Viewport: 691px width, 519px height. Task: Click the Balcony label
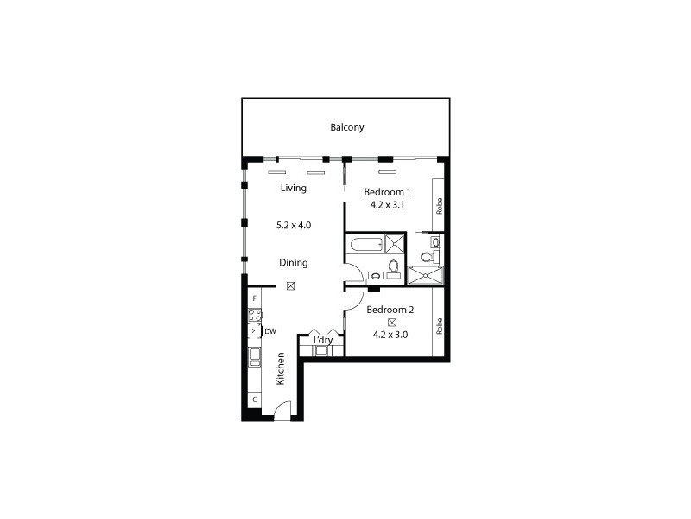[347, 128]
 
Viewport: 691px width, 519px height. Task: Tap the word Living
[294, 188]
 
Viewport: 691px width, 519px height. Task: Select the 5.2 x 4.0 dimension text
[294, 225]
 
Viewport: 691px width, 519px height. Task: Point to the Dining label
[294, 262]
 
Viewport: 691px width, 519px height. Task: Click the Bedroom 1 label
[386, 192]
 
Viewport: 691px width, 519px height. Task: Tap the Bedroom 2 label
[390, 310]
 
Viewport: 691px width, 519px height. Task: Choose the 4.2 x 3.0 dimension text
[390, 334]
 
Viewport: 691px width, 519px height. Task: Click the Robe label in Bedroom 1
[440, 206]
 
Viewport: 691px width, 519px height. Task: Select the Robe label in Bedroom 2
[440, 326]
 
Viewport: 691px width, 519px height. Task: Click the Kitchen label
[281, 369]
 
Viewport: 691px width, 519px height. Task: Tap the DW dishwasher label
[270, 330]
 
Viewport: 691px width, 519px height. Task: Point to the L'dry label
[322, 341]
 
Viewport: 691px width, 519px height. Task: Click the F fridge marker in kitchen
[254, 298]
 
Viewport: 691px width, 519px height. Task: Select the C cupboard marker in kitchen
[254, 400]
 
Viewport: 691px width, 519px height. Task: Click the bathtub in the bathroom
[363, 243]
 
